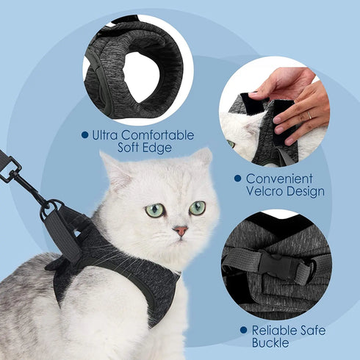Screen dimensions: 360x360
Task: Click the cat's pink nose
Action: (x=180, y=231)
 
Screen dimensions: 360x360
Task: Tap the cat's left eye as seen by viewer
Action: (x=155, y=211)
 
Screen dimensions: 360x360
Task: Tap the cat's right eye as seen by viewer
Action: (x=197, y=208)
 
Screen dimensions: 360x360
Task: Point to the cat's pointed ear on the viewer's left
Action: (x=112, y=168)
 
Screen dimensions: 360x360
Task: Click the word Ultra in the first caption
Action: (x=108, y=136)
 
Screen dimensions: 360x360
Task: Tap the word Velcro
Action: (x=266, y=192)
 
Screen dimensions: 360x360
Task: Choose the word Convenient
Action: (x=279, y=179)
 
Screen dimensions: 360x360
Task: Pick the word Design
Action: (x=308, y=192)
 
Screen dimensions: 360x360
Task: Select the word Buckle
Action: (x=270, y=344)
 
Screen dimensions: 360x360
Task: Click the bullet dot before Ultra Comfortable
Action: (x=84, y=136)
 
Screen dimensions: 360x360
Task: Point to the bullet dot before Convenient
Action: (x=237, y=179)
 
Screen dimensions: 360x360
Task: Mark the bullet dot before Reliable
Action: (x=243, y=331)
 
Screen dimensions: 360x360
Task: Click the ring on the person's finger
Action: (x=309, y=115)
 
